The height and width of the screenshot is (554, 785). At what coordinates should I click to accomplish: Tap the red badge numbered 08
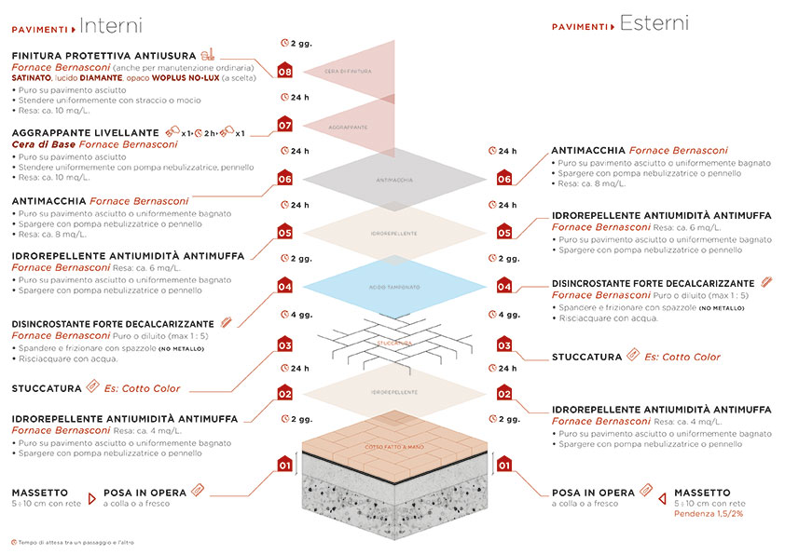(284, 70)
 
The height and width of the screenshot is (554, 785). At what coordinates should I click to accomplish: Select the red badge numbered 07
(284, 125)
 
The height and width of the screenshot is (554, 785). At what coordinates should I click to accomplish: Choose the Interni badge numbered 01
(284, 463)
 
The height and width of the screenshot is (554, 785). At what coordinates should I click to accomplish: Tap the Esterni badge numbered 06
(504, 178)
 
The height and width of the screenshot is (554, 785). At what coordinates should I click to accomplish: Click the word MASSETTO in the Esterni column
(703, 492)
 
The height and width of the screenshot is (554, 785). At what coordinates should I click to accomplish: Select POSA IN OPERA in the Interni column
(138, 492)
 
